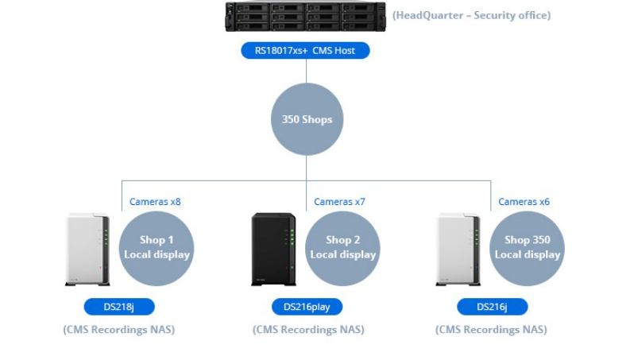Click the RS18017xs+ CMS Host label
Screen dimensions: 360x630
[x=305, y=51]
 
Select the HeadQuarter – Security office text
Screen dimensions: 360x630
[x=471, y=15]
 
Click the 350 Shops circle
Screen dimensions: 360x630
[x=306, y=120]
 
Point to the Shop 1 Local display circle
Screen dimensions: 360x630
[x=157, y=247]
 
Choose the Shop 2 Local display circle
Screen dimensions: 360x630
[x=342, y=247]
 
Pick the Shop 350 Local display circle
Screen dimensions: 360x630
[x=528, y=247]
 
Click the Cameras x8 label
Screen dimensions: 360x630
[x=155, y=202]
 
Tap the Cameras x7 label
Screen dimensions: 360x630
[x=339, y=202]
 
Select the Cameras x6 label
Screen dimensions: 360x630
[x=524, y=202]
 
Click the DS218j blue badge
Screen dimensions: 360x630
[x=119, y=307]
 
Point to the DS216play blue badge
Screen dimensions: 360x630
[x=306, y=307]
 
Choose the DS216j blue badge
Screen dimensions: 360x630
[x=492, y=307]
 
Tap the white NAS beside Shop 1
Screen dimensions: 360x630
[x=87, y=249]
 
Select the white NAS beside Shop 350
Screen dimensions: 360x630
[x=459, y=249]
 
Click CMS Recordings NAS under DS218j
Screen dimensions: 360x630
[x=119, y=330]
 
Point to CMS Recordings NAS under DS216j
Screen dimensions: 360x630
[x=491, y=330]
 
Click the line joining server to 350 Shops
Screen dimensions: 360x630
[x=306, y=72]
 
